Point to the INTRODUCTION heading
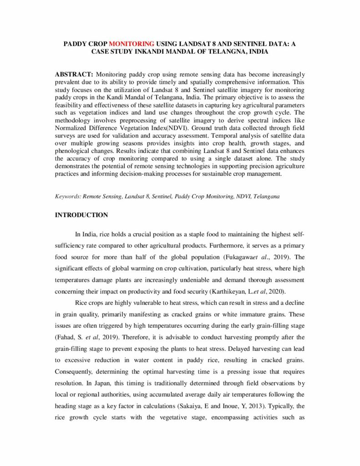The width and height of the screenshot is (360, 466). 81,215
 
